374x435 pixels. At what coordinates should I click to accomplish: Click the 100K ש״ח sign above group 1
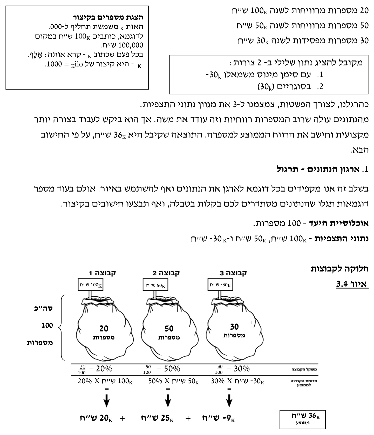[x=91, y=285]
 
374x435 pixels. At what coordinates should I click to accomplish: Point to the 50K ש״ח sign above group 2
[x=155, y=285]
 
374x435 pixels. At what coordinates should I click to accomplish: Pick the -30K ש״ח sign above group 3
[x=220, y=285]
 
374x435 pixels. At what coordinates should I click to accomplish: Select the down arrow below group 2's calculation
[x=168, y=401]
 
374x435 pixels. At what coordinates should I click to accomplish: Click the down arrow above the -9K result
[x=229, y=401]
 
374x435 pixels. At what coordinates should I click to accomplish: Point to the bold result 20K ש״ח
[x=96, y=418]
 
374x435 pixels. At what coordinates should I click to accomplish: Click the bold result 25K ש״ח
[x=157, y=418]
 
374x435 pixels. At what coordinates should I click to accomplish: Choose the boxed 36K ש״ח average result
[x=302, y=419]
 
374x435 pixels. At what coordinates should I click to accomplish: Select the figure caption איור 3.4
[x=352, y=284]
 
